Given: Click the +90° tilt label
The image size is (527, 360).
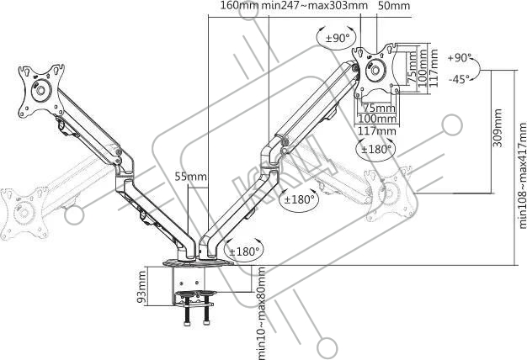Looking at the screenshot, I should point(460,58).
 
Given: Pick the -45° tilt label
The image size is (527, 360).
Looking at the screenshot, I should point(460,80).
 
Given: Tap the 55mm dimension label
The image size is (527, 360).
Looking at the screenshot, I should point(190,177).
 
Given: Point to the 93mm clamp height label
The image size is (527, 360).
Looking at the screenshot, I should point(143,290).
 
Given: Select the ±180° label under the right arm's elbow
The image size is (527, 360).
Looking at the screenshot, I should point(300,199).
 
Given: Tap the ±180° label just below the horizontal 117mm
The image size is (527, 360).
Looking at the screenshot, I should point(376,149).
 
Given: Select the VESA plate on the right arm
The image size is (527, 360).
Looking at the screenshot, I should point(374,68).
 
